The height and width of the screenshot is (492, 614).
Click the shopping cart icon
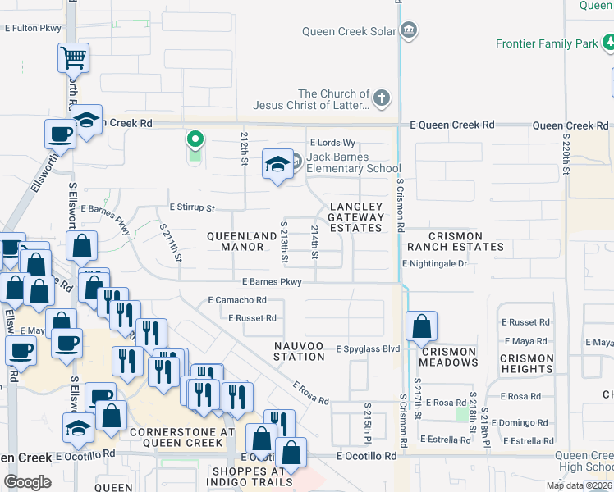click(x=73, y=57)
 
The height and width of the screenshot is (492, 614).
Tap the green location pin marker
click(x=195, y=141)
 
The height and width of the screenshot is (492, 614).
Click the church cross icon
click(x=380, y=99)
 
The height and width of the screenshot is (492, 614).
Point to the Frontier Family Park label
click(x=548, y=43)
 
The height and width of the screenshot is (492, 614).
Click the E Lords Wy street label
click(x=332, y=143)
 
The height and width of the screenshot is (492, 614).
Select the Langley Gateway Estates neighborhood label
click(x=355, y=217)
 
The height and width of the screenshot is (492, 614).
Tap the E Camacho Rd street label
click(x=237, y=300)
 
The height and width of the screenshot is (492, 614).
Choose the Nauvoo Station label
click(x=299, y=351)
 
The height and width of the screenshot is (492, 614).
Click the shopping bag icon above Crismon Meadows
click(x=421, y=327)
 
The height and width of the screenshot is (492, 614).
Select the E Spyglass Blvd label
click(x=368, y=348)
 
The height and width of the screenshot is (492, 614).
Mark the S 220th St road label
click(x=566, y=156)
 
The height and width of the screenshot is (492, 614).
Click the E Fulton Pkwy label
click(x=33, y=28)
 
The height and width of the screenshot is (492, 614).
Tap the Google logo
click(x=27, y=481)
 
